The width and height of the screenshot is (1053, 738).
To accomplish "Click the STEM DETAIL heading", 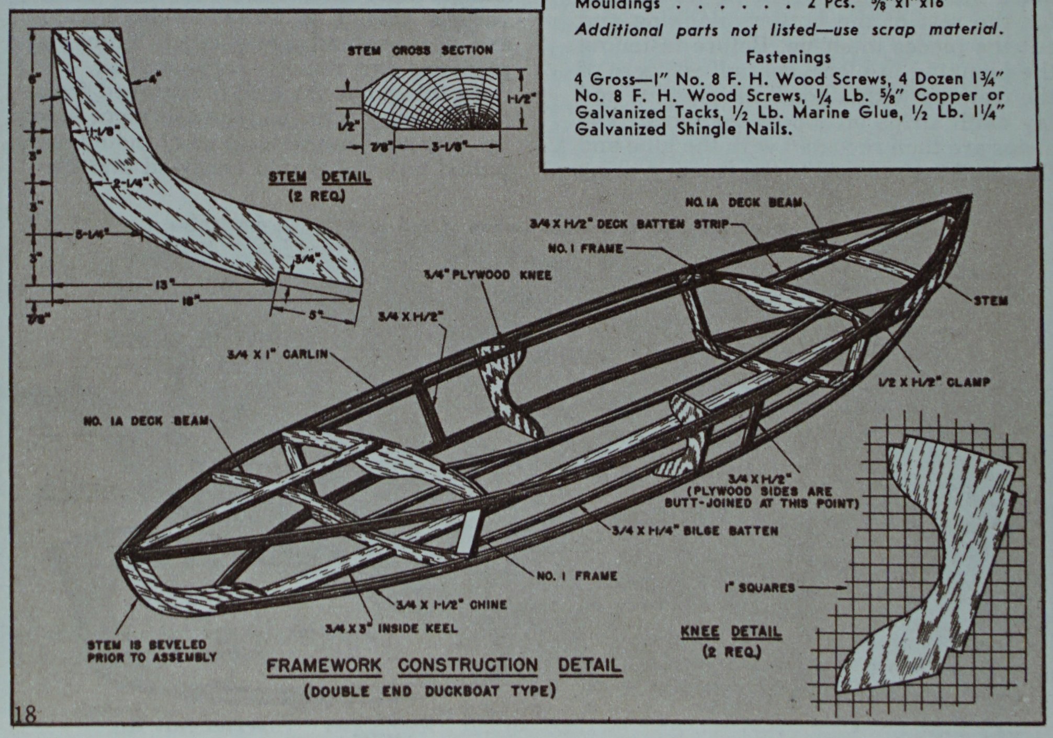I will pyautogui.click(x=320, y=177).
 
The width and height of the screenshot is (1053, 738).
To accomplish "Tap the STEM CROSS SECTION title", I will pyautogui.click(x=420, y=50).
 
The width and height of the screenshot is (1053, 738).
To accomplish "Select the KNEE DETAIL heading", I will pyautogui.click(x=731, y=632).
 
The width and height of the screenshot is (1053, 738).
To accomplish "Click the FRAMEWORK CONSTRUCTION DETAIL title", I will pyautogui.click(x=444, y=665).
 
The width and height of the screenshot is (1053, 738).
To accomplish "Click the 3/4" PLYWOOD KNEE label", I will pyautogui.click(x=488, y=275).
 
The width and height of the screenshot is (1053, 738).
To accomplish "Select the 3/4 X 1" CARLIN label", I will pyautogui.click(x=277, y=354).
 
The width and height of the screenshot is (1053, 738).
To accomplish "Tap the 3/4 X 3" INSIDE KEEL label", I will pyautogui.click(x=391, y=628).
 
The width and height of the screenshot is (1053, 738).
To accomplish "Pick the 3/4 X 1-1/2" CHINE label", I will pyautogui.click(x=451, y=605).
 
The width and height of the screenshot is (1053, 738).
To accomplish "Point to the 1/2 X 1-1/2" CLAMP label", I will pyautogui.click(x=934, y=382).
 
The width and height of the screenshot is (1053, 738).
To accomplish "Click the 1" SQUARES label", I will pyautogui.click(x=760, y=588).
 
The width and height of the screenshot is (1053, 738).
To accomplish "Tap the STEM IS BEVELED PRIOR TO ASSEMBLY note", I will pyautogui.click(x=152, y=651).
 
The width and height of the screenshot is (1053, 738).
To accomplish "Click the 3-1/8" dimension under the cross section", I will pyautogui.click(x=446, y=148).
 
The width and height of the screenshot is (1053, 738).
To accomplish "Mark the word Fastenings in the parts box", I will pyautogui.click(x=788, y=57).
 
